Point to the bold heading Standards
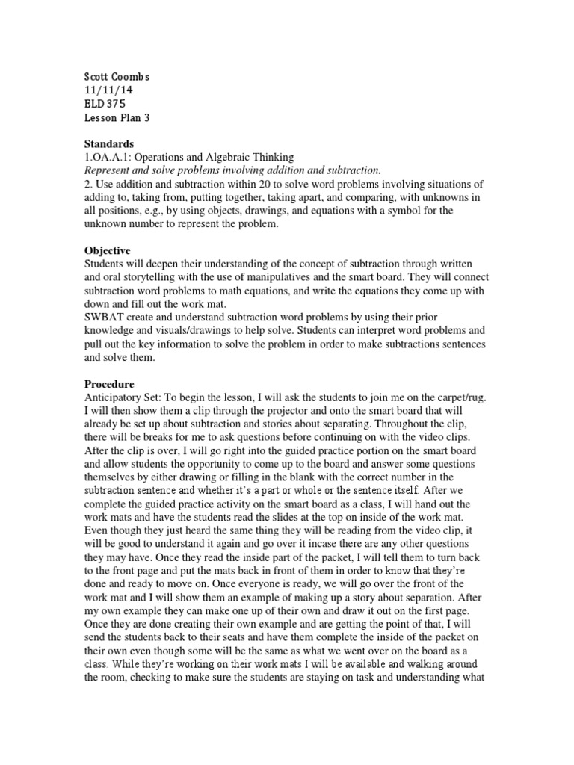109,143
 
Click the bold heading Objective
107,251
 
